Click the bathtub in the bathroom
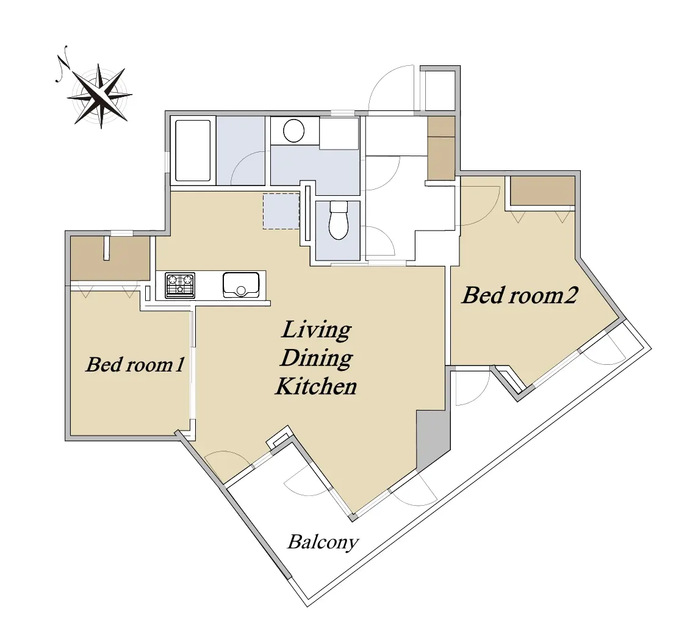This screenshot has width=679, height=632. [x=193, y=151]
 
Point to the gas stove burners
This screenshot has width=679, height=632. [x=180, y=285]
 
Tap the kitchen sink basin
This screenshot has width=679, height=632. [x=241, y=284]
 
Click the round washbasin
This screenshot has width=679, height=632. [x=293, y=131]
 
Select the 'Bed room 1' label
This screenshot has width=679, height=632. [x=135, y=364]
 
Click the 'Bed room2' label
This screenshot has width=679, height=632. [x=520, y=295]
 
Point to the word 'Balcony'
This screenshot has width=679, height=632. [x=323, y=542]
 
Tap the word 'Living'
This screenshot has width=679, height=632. [x=316, y=330]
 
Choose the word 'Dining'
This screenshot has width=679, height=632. [x=317, y=359]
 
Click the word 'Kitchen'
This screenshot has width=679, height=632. [x=316, y=386]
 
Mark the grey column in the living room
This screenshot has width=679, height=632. [x=431, y=438]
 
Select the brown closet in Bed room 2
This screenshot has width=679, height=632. [x=542, y=191]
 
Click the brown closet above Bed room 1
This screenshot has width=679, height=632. [x=110, y=259]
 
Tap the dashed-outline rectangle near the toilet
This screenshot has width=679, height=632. [x=281, y=211]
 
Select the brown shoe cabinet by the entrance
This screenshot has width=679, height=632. [x=441, y=148]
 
